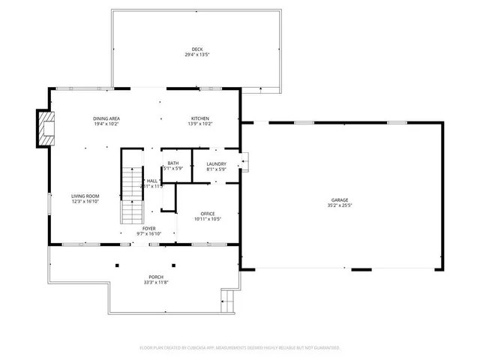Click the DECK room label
[196, 49]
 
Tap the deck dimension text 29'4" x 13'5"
[196, 55]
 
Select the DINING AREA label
[106, 118]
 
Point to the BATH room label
[173, 163]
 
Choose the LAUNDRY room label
[216, 163]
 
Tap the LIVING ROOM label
[85, 196]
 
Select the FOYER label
[150, 228]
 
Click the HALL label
[152, 181]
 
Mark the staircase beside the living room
[132, 195]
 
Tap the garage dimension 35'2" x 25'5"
[339, 205]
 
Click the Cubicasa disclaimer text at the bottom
[240, 348]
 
